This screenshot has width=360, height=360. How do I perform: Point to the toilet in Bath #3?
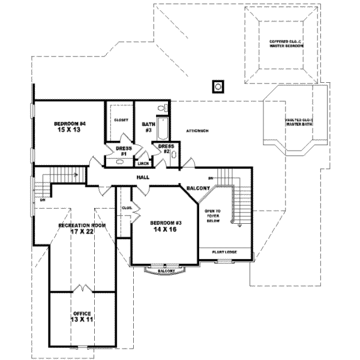[160, 108]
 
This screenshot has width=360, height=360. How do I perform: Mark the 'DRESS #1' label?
[122, 150]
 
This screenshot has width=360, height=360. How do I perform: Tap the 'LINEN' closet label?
[143, 163]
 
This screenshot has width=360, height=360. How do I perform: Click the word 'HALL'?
[142, 178]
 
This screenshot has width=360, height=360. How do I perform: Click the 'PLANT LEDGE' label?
[224, 252]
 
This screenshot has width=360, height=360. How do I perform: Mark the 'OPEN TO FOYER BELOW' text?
[214, 216]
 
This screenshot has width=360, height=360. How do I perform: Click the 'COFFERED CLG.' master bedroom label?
[282, 43]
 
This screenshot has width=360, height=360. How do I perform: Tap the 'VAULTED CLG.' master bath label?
[298, 122]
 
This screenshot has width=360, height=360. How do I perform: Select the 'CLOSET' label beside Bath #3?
[119, 120]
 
